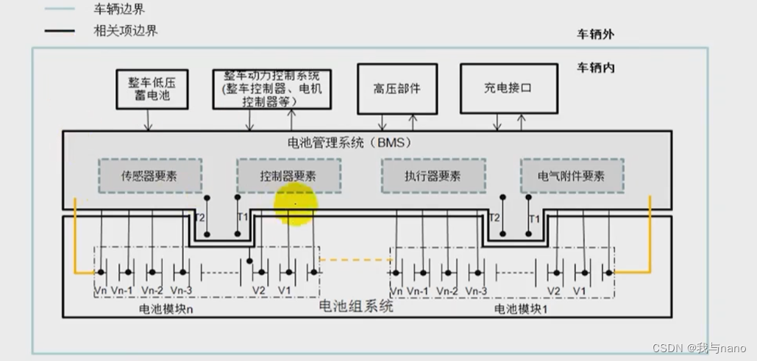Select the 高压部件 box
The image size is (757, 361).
(x=397, y=88)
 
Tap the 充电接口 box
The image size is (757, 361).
(x=507, y=88)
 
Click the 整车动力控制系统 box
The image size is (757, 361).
(x=271, y=89)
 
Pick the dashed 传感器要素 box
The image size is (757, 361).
(x=149, y=176)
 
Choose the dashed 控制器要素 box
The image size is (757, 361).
(x=288, y=176)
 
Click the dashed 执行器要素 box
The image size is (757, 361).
(x=433, y=176)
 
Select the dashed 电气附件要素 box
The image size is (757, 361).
(x=572, y=176)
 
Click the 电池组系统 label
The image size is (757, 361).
(x=356, y=305)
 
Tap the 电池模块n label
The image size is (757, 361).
(x=166, y=309)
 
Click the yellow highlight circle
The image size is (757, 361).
(x=296, y=203)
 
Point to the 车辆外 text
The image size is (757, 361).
(x=595, y=34)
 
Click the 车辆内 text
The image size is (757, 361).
(x=596, y=68)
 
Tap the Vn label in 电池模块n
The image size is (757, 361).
(x=101, y=290)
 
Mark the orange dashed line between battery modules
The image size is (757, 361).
(x=355, y=259)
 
